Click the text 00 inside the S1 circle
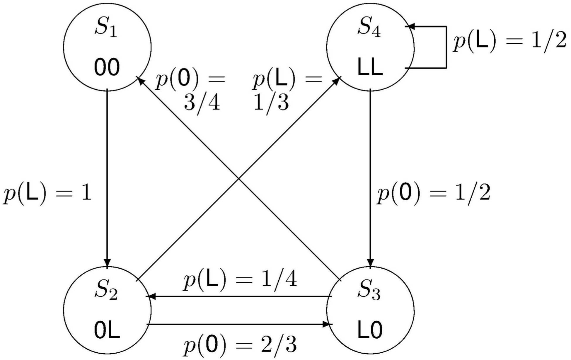point(107,67)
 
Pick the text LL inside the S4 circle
point(370,67)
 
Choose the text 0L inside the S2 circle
point(107,330)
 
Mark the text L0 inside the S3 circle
point(370,330)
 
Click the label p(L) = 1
point(47,194)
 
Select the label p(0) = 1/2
point(433,194)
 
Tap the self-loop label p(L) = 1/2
point(509,41)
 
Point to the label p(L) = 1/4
point(240,280)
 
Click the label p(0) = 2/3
point(240,345)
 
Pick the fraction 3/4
point(202,103)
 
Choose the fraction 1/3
point(271,103)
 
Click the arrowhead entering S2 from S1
point(107,262)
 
